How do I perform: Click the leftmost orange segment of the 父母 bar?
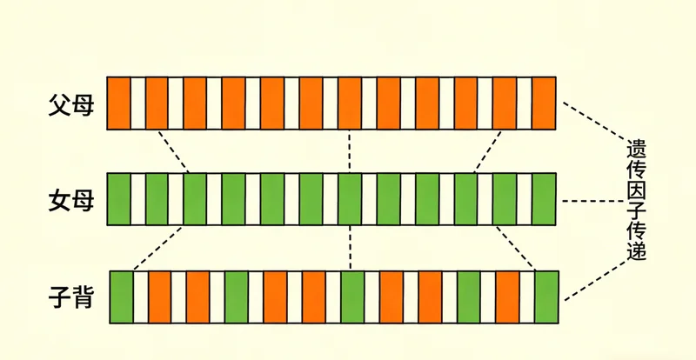point(118,103)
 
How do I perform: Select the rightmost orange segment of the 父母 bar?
point(544,103)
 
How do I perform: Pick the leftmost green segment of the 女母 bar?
point(118,200)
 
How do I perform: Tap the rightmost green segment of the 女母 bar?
point(544,200)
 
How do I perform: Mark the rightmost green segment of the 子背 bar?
point(546,297)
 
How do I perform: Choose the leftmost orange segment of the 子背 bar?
point(159,297)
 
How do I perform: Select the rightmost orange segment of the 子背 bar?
point(507,297)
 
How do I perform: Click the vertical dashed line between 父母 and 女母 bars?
point(349,151)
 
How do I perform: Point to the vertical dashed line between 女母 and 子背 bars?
point(349,248)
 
